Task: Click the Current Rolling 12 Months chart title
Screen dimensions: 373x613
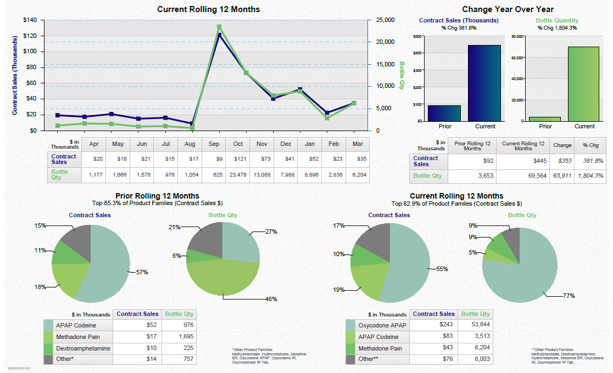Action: (x=208, y=9)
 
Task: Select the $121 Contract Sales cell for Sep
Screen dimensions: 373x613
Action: (x=238, y=159)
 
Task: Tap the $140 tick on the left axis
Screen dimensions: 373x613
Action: (x=30, y=20)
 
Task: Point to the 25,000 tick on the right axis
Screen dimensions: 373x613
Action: (x=385, y=20)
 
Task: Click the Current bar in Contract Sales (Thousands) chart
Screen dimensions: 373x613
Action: (x=485, y=83)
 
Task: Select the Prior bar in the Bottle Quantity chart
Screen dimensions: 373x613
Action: (x=545, y=118)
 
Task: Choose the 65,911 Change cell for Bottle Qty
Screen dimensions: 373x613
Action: (x=562, y=176)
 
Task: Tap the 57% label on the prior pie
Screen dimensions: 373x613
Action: (x=142, y=272)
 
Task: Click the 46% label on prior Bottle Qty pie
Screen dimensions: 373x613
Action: (x=271, y=299)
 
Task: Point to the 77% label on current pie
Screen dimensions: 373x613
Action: (x=569, y=296)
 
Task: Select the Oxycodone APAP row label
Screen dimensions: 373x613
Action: (x=382, y=325)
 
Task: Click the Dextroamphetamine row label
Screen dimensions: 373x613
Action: (x=83, y=348)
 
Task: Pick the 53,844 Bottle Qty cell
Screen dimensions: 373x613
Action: (x=476, y=325)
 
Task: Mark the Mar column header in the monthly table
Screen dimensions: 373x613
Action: (x=358, y=144)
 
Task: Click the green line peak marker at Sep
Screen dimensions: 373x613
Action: (x=219, y=27)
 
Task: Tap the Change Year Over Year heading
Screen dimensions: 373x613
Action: (x=508, y=9)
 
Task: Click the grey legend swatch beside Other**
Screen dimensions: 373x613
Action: (x=350, y=359)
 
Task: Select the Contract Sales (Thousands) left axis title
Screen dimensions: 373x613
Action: (x=15, y=75)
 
